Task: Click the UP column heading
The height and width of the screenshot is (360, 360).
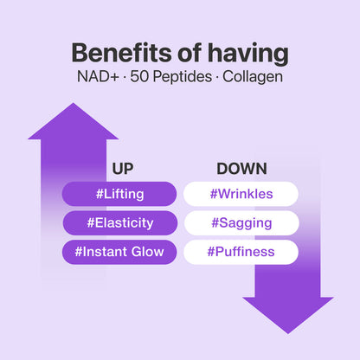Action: coord(122,169)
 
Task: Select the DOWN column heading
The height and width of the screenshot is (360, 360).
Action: coord(241,169)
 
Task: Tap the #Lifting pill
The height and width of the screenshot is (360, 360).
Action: coord(120,194)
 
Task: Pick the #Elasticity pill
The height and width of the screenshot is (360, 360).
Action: coord(120,223)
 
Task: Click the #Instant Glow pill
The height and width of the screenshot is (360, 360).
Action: coord(120,252)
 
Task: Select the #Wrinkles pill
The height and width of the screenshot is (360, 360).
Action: coord(241,194)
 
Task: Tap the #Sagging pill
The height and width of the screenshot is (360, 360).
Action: coord(241,223)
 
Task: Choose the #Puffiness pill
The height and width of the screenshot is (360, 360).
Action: coord(241,252)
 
